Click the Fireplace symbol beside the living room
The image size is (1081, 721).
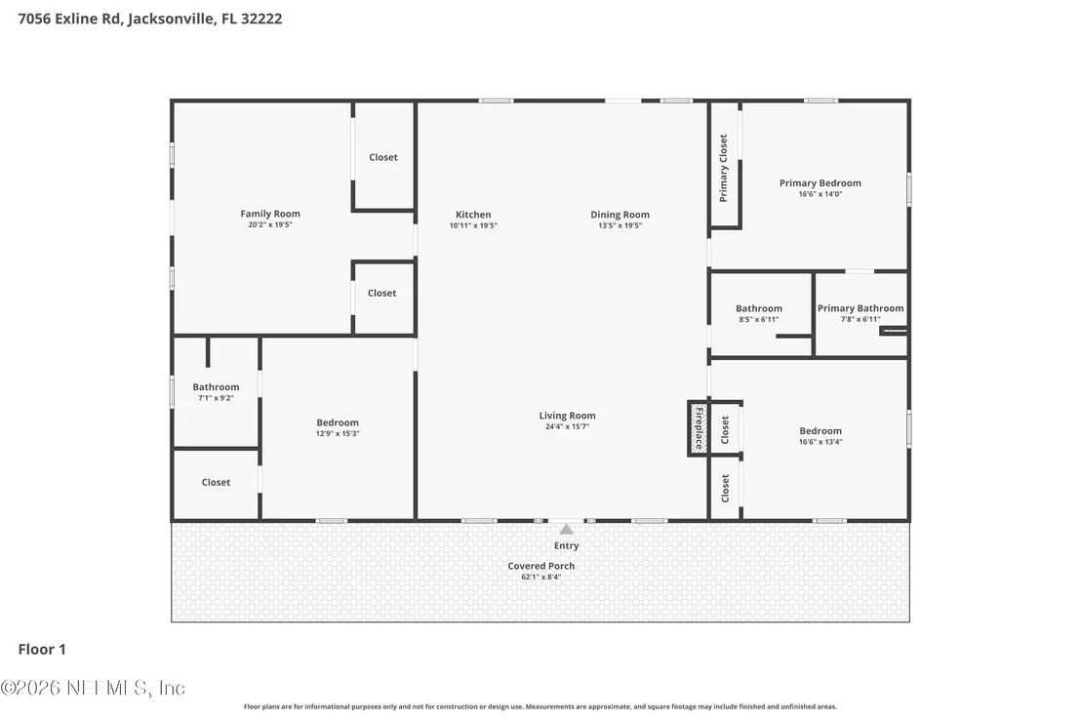(699, 428)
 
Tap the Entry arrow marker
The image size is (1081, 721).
(566, 530)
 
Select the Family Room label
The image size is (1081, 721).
(270, 214)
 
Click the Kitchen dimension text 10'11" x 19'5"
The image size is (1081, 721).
(473, 225)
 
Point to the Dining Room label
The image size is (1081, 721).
(620, 215)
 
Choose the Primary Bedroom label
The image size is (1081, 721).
(821, 183)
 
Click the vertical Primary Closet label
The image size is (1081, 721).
(723, 168)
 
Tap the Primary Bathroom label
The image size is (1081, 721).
(861, 308)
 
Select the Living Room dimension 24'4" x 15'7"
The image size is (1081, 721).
(568, 426)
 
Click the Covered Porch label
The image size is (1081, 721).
(541, 566)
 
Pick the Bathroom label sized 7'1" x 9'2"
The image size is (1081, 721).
(216, 387)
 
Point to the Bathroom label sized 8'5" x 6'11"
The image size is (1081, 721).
(759, 309)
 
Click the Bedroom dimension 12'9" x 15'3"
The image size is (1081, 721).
(338, 433)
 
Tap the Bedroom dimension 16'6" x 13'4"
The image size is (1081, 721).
(821, 442)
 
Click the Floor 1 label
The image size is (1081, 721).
(42, 650)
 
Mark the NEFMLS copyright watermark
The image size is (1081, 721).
(93, 688)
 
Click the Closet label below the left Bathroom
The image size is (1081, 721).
(216, 483)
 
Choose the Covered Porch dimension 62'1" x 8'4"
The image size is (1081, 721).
(541, 577)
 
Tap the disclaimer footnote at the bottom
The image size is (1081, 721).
(540, 706)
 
